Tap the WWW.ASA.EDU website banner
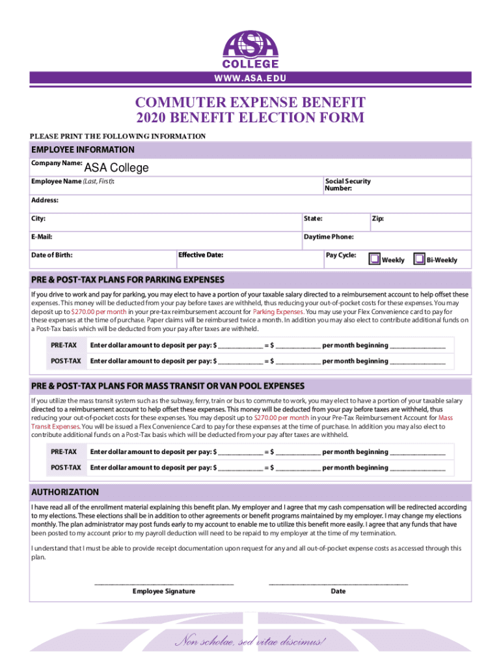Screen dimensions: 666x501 click(251, 79)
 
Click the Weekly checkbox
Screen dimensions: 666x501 click(374, 259)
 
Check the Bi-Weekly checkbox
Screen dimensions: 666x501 click(420, 259)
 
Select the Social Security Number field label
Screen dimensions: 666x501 click(347, 185)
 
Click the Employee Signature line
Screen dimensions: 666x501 click(164, 583)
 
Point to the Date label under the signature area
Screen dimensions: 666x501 click(338, 591)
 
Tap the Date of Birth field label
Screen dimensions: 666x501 click(52, 255)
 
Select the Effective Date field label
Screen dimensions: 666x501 click(201, 255)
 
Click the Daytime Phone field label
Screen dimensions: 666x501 click(329, 237)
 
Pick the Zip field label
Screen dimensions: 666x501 click(377, 219)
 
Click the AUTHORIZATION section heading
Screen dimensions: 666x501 click(65, 492)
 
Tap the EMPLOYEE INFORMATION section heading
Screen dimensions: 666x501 click(83, 150)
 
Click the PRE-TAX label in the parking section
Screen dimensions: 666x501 click(64, 345)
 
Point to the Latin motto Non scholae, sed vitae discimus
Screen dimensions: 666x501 click(251, 642)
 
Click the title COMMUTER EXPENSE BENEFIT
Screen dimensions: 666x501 click(251, 103)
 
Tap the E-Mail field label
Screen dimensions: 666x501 click(42, 237)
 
